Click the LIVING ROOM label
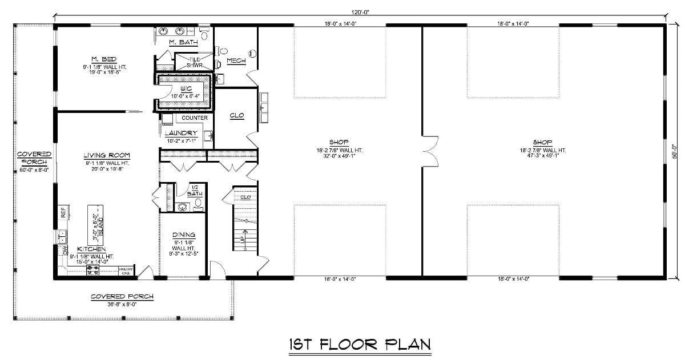[107, 155]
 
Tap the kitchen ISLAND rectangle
[95, 222]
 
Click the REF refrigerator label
[63, 213]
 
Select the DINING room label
[184, 234]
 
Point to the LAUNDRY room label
[180, 133]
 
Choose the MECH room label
[236, 60]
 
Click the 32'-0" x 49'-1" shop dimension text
[339, 158]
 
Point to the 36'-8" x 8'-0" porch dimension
[122, 304]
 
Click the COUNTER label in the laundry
[195, 118]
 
